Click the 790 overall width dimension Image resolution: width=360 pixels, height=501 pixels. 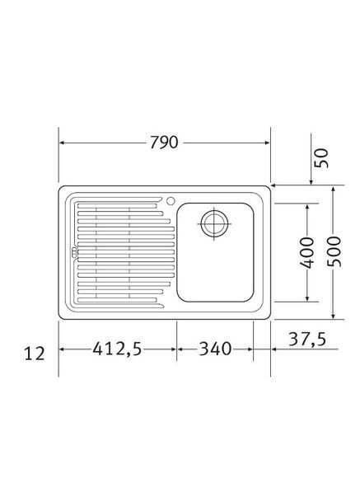pyautogui.click(x=165, y=142)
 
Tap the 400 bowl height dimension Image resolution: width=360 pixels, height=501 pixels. pyautogui.click(x=306, y=253)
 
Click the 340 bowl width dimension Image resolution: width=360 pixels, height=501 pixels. pyautogui.click(x=213, y=349)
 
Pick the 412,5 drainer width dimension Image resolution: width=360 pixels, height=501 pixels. pyautogui.click(x=115, y=349)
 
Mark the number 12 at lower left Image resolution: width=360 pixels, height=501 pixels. pyautogui.click(x=34, y=354)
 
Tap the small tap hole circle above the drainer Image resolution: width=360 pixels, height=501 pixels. pyautogui.click(x=170, y=200)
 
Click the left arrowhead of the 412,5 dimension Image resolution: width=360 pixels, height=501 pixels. pyautogui.click(x=63, y=349)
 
